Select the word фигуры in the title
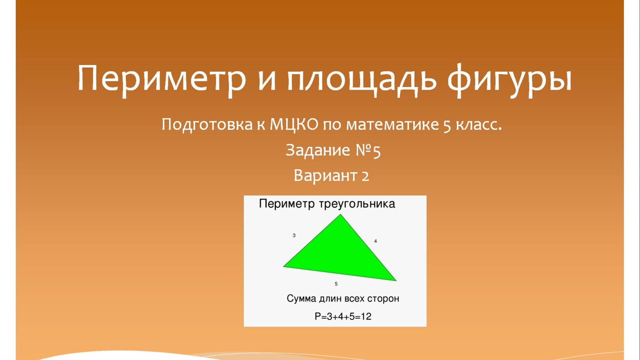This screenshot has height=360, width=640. click(x=509, y=79)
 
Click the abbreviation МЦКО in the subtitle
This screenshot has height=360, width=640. click(x=294, y=125)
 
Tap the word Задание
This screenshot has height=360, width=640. click(x=318, y=150)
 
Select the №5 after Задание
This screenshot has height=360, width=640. click(x=368, y=150)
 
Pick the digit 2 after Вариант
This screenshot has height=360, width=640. click(x=365, y=176)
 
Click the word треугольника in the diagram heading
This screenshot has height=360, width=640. click(x=357, y=203)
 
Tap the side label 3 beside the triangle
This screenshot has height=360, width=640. click(x=294, y=235)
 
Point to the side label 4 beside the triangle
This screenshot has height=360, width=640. click(x=375, y=241)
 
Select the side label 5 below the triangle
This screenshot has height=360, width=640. click(x=336, y=284)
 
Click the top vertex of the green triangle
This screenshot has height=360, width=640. click(x=341, y=215)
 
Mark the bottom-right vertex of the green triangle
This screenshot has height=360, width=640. click(x=395, y=281)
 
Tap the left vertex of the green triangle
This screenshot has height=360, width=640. click(x=284, y=266)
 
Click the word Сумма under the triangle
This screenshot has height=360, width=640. click(x=301, y=299)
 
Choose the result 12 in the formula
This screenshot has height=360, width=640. click(x=366, y=316)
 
